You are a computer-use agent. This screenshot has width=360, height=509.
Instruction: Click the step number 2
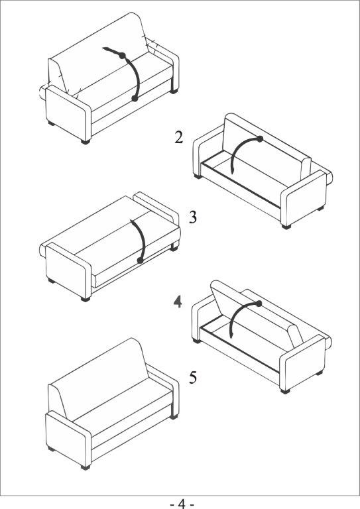click(179, 137)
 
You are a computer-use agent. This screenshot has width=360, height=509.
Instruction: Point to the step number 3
click(193, 217)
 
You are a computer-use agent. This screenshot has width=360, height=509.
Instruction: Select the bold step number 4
click(178, 302)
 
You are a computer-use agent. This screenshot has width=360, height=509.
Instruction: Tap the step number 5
click(193, 377)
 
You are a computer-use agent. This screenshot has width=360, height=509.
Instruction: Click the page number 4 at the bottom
click(182, 504)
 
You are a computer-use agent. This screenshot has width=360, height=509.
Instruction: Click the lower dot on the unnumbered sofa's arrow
click(135, 98)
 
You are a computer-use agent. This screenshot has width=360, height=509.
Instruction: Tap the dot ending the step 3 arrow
click(141, 260)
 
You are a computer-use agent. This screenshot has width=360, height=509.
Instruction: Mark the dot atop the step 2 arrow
click(260, 139)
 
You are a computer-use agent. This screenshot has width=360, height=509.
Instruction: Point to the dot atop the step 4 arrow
click(259, 304)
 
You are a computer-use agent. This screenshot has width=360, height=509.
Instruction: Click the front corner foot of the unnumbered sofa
click(86, 142)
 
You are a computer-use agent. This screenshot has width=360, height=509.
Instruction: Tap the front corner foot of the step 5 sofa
click(86, 467)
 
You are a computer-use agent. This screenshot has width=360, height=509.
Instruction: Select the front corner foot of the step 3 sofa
click(86, 299)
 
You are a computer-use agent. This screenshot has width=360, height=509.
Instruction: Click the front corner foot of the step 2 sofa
click(286, 227)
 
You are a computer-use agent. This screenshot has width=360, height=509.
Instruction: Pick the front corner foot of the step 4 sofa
click(285, 391)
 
